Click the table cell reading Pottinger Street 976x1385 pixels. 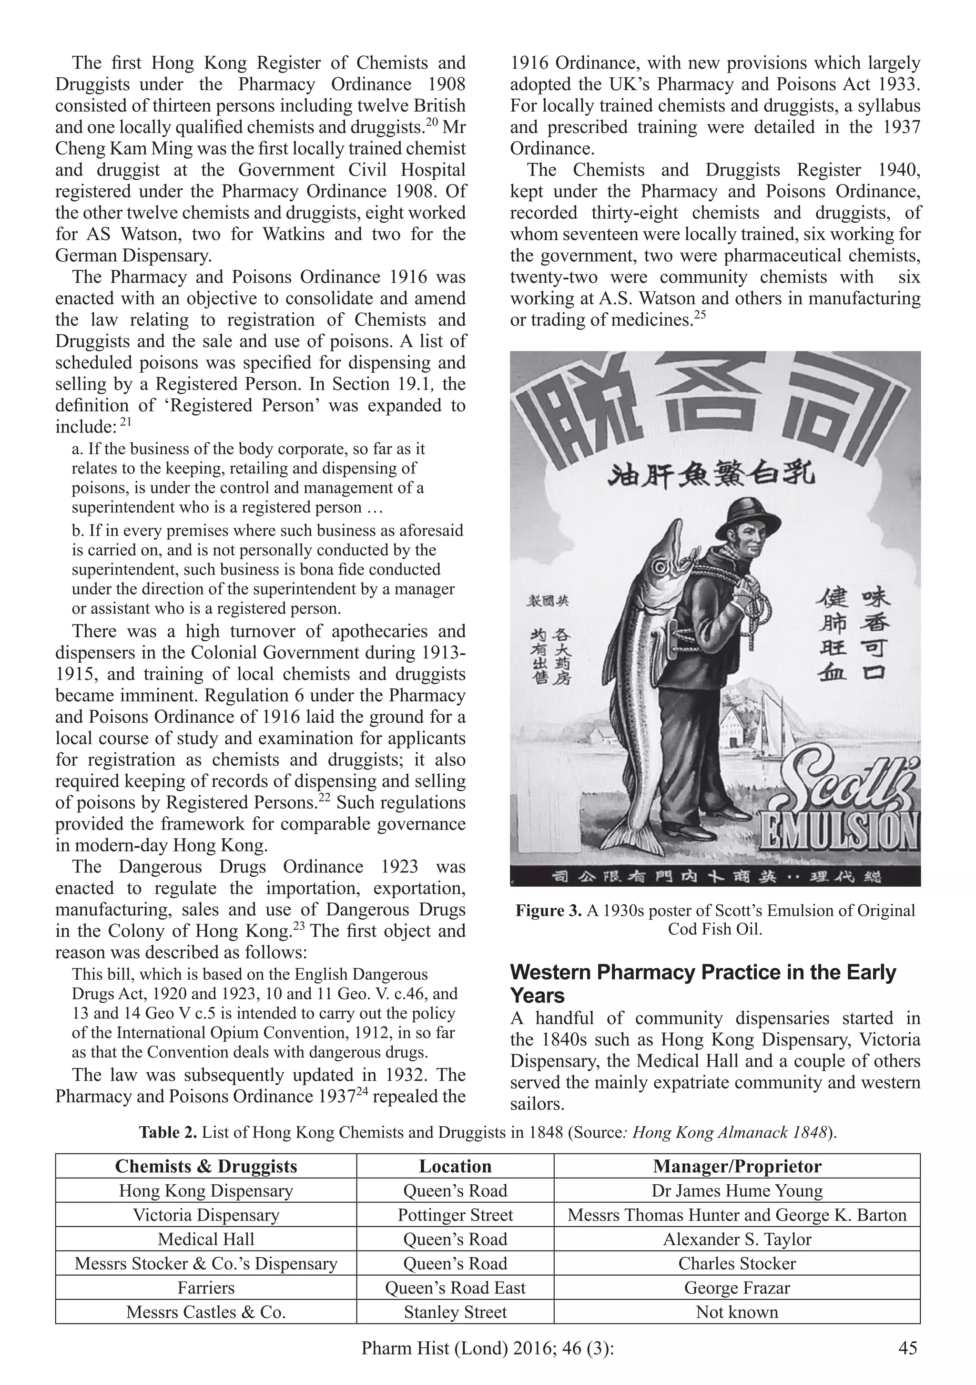[455, 1215]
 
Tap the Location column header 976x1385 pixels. [455, 1166]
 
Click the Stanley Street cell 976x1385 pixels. [455, 1312]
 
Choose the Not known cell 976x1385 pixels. [737, 1312]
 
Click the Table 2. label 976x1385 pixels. [168, 1132]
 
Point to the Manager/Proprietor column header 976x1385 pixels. [737, 1166]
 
